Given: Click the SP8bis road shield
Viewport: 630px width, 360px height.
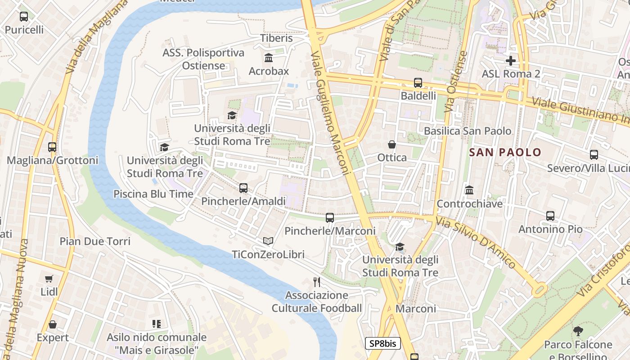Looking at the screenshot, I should [x=382, y=343].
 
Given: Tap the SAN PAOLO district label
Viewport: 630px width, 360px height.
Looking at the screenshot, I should [x=505, y=152].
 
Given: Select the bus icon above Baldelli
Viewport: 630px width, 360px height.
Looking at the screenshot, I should [x=418, y=83].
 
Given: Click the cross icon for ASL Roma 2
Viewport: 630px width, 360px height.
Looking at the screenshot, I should [x=510, y=60].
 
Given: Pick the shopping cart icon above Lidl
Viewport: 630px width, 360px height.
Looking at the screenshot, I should [x=49, y=279].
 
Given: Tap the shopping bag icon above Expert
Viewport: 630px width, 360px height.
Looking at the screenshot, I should [x=53, y=324].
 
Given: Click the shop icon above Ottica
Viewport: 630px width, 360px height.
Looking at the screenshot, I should [x=392, y=144].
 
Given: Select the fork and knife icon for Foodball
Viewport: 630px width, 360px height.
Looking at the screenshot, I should [x=317, y=282].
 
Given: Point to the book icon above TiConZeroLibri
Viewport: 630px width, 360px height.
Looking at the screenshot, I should [x=268, y=241].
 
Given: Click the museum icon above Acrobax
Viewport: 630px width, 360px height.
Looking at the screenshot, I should [x=269, y=58].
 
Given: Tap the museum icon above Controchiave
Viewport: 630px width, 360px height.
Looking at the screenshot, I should [x=469, y=190].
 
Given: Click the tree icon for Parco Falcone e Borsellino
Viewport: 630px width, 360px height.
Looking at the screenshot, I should [x=578, y=332].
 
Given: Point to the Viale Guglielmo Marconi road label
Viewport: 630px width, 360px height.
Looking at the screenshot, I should [x=330, y=112].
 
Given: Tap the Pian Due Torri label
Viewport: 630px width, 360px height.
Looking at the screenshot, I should [x=95, y=241].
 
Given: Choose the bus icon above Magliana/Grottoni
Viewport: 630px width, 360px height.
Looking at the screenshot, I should [x=52, y=147].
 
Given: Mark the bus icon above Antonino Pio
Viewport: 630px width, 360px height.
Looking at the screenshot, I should [x=550, y=216].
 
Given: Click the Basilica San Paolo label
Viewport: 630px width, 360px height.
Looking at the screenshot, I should [x=468, y=131].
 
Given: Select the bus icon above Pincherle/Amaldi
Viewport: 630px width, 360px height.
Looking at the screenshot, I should [x=243, y=188].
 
